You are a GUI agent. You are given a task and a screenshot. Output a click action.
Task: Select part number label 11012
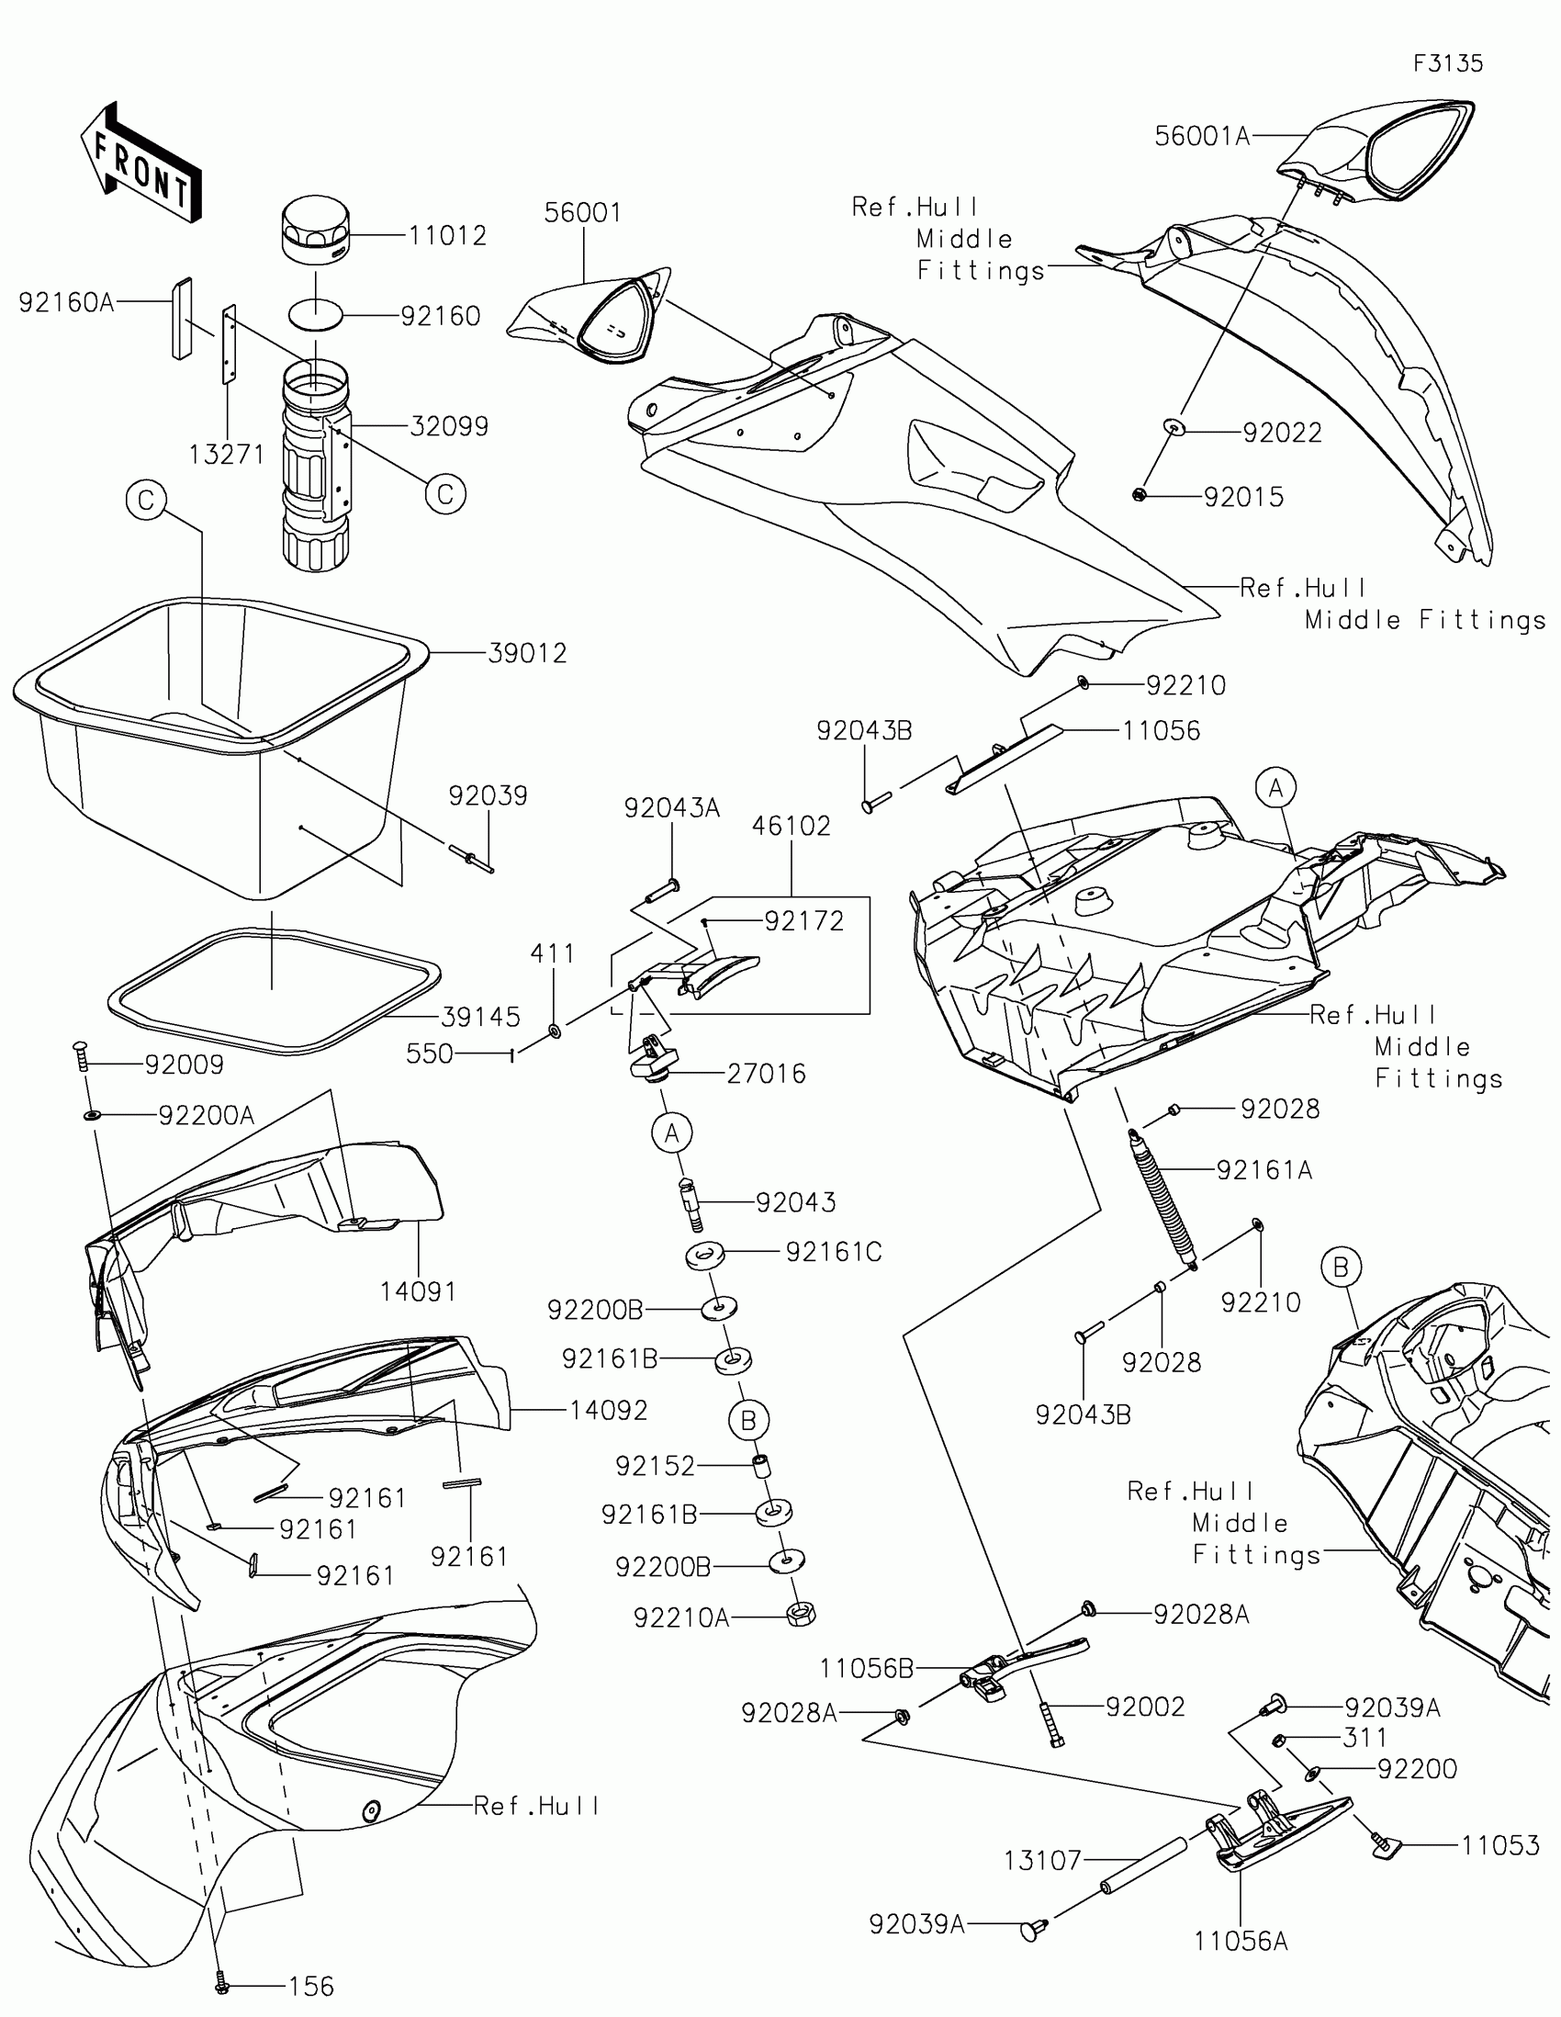[448, 235]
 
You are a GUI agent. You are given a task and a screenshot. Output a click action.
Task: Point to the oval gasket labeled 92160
[316, 315]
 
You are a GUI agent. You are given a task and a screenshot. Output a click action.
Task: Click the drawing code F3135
[1447, 63]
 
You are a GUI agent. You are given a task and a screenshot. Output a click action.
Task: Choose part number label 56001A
[1202, 137]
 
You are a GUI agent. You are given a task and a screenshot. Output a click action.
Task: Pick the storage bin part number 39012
[527, 653]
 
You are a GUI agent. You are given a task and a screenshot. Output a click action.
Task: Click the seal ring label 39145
[480, 1017]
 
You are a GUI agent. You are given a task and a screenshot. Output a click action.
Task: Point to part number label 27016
[766, 1073]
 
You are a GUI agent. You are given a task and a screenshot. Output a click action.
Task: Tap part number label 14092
[609, 1410]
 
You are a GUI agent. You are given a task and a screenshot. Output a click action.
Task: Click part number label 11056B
[866, 1668]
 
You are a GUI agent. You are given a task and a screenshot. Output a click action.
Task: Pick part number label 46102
[792, 826]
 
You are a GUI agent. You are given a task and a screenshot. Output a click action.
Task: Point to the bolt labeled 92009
[80, 1055]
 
